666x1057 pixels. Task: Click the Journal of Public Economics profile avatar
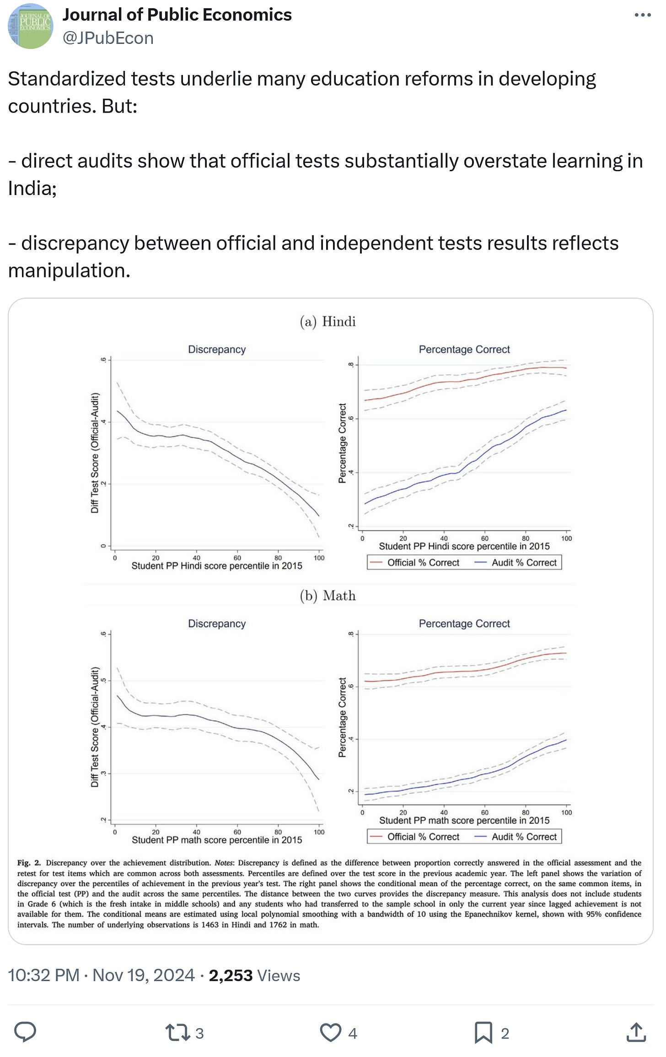click(x=30, y=26)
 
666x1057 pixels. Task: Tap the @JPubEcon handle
click(x=108, y=38)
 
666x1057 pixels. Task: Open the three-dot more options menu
click(x=643, y=15)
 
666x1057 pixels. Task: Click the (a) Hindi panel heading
click(x=328, y=321)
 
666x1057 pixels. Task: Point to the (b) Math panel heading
click(x=328, y=596)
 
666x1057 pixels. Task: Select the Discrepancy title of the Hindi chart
click(x=217, y=349)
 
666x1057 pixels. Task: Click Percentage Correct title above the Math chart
click(x=464, y=623)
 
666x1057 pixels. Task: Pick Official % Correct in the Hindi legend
click(x=423, y=563)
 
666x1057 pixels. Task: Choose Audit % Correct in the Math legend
click(x=524, y=837)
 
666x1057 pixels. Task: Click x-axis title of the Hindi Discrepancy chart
click(x=217, y=566)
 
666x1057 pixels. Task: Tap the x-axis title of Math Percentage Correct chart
click(x=464, y=820)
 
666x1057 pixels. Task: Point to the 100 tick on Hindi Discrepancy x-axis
click(x=319, y=558)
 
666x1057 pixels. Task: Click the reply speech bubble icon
click(x=25, y=1032)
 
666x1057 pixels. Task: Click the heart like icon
click(x=330, y=1033)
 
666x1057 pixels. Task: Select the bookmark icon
click(x=483, y=1033)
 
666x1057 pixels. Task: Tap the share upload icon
click(x=636, y=1033)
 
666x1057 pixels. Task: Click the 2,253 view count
click(x=231, y=976)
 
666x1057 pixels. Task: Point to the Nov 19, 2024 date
click(x=144, y=976)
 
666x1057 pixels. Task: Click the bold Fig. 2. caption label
click(x=29, y=863)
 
